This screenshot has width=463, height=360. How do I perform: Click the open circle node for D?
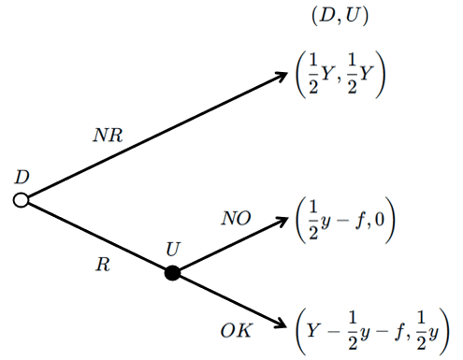21,200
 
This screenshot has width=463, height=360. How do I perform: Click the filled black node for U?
172,273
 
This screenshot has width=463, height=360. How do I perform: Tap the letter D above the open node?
22,177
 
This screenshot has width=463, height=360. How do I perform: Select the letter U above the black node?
173,249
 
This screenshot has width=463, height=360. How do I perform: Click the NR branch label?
108,136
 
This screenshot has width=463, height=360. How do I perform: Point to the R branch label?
103,265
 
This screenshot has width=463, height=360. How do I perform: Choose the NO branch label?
236,218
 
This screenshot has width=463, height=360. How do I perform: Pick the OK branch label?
236,330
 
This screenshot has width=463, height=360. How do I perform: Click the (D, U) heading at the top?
340,16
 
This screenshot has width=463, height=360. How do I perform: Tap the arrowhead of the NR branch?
282,76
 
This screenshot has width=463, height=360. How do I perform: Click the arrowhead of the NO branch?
282,221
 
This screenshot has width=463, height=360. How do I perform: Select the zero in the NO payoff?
380,220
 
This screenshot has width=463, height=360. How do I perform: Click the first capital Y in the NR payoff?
327,75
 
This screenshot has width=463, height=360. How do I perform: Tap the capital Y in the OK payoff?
313,331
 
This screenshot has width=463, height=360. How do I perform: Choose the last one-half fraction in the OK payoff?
421,330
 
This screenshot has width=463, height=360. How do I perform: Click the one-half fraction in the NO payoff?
313,220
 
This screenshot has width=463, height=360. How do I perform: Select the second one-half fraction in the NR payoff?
352,74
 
